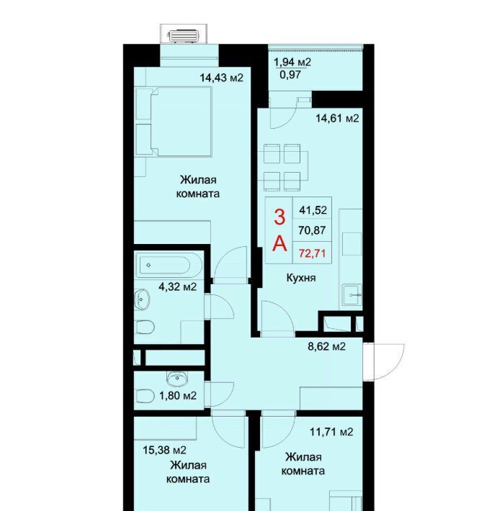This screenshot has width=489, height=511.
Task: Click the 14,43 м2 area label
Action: click(221, 78)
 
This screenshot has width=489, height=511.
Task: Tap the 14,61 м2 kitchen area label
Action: click(337, 118)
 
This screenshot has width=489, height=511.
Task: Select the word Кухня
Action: click(301, 278)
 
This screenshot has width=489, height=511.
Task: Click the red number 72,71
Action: click(313, 253)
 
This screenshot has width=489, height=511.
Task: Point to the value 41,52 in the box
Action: click(313, 210)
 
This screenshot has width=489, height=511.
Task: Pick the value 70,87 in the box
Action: click(313, 230)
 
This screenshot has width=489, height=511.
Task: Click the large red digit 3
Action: click(279, 217)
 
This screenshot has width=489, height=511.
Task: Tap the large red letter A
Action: click(279, 243)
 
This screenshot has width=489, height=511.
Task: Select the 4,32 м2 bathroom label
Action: click(178, 286)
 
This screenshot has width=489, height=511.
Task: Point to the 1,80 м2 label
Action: click(178, 396)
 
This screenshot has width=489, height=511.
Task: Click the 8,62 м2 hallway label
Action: click(327, 346)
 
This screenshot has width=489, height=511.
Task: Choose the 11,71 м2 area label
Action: click(331, 432)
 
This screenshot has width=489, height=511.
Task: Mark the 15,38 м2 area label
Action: click(165, 451)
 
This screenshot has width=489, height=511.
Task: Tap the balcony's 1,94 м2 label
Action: click(292, 62)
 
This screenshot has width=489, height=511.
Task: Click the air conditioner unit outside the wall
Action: click(184, 36)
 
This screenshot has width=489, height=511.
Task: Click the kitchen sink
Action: click(352, 295)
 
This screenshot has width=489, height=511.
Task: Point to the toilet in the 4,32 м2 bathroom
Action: click(145, 327)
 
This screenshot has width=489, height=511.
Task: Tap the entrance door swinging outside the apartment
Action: click(385, 362)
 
